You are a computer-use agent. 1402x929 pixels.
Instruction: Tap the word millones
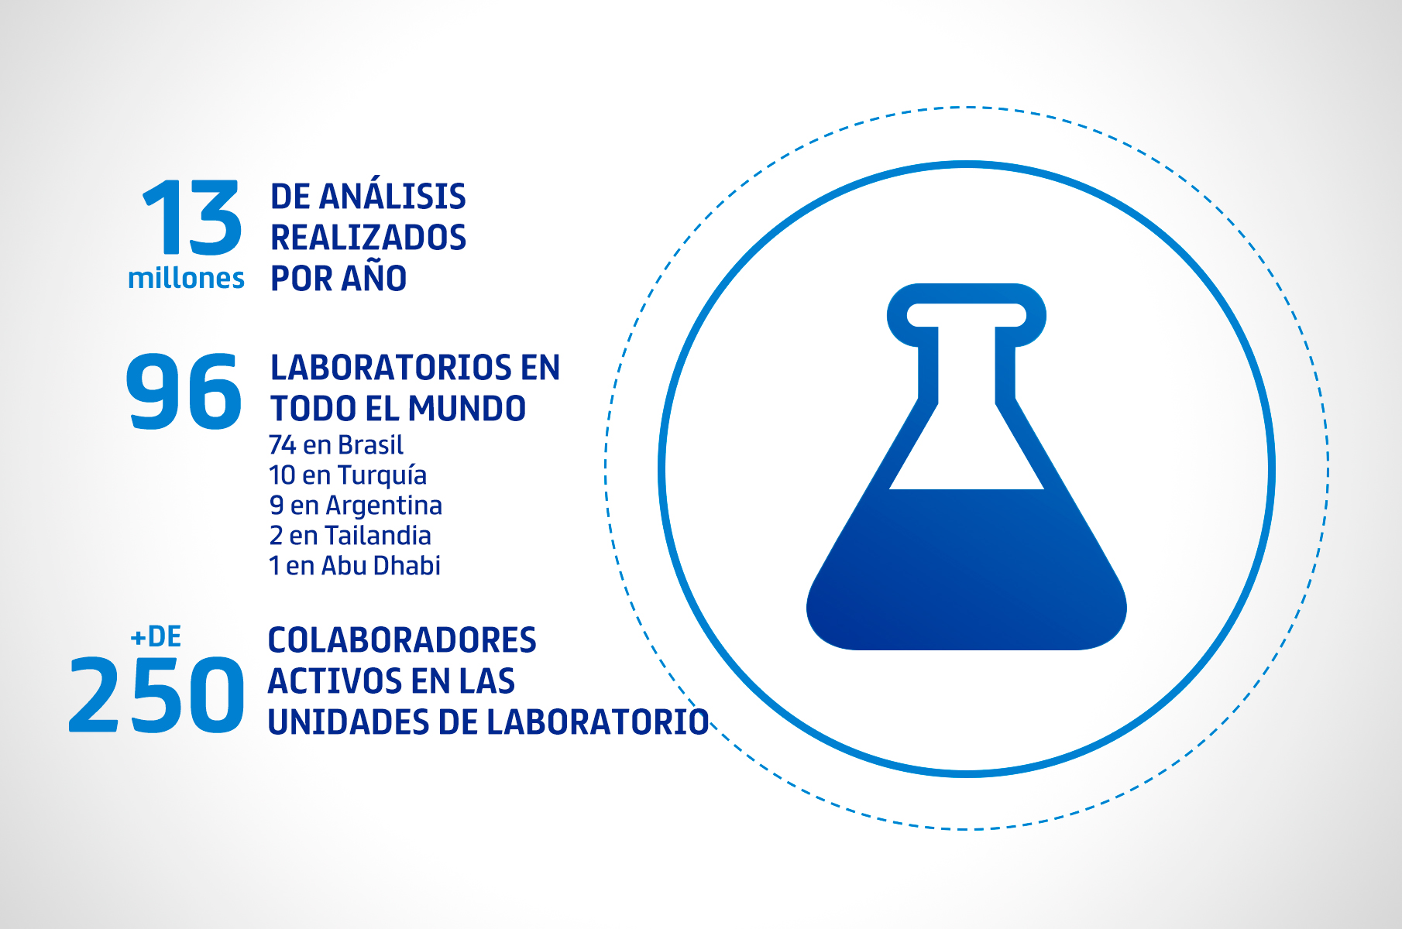(x=186, y=278)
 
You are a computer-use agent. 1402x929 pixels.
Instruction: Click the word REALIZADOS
(x=368, y=237)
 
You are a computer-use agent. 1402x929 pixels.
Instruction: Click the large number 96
(x=184, y=390)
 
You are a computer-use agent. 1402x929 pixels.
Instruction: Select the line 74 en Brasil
(x=336, y=445)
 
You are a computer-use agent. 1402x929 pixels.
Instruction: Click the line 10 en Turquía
(x=348, y=475)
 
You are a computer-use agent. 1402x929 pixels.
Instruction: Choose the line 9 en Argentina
(x=356, y=506)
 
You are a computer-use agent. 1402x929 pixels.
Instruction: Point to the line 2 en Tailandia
(x=350, y=535)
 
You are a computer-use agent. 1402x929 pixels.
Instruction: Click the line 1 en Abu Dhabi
(x=355, y=565)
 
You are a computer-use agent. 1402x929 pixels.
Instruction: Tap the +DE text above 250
(x=156, y=636)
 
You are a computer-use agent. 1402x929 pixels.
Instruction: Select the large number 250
(x=156, y=694)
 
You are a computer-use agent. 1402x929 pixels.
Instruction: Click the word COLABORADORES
(x=402, y=640)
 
